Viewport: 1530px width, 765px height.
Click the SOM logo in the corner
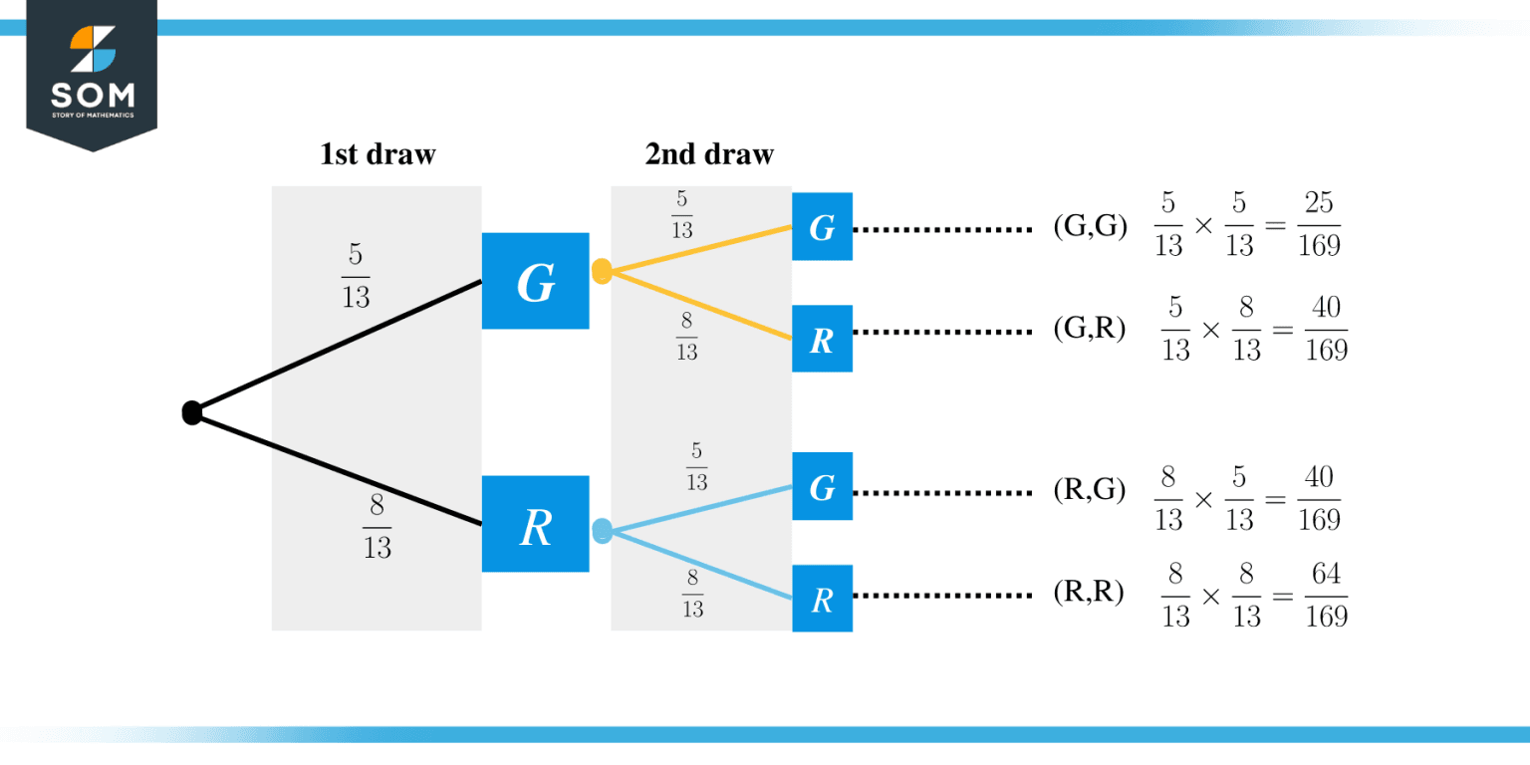click(x=92, y=74)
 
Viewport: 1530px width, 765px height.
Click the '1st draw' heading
click(x=377, y=154)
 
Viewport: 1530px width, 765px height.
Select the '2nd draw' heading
click(x=708, y=154)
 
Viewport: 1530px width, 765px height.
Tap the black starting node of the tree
click(x=192, y=412)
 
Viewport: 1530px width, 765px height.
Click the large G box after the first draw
click(x=535, y=281)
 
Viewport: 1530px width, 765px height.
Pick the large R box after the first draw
click(x=535, y=524)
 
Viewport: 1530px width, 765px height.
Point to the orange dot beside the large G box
click(x=602, y=271)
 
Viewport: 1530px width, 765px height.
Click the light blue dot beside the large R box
click(x=602, y=530)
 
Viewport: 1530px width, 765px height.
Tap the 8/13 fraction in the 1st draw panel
click(x=377, y=527)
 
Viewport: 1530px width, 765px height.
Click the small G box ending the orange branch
click(x=822, y=227)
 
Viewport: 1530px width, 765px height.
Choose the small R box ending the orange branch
click(x=822, y=339)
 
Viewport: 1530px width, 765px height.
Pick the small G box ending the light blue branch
click(x=822, y=486)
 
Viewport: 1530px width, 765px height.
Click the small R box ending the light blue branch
click(x=822, y=598)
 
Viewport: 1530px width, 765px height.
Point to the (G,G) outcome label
click(x=1089, y=227)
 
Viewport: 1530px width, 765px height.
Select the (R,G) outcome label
click(x=1089, y=489)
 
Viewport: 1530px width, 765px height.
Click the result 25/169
click(x=1319, y=225)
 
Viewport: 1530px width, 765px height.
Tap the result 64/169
click(x=1326, y=596)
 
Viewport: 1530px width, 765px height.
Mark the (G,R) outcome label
click(x=1089, y=330)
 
